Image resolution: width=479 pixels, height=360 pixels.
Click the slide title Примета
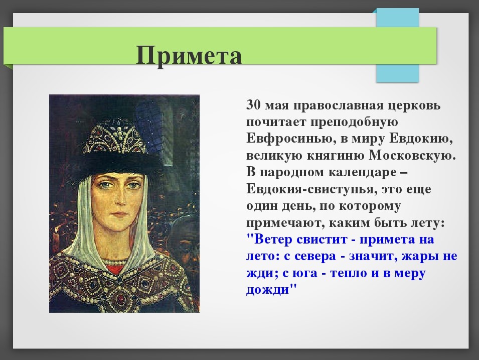(189, 55)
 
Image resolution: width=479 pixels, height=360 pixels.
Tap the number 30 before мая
(253, 105)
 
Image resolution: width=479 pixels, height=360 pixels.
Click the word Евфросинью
(286, 139)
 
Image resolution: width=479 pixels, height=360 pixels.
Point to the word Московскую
(412, 155)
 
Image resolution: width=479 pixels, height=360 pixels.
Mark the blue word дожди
(268, 289)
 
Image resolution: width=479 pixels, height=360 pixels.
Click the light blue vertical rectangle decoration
(397, 45)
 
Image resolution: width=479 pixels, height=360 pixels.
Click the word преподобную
(355, 122)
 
